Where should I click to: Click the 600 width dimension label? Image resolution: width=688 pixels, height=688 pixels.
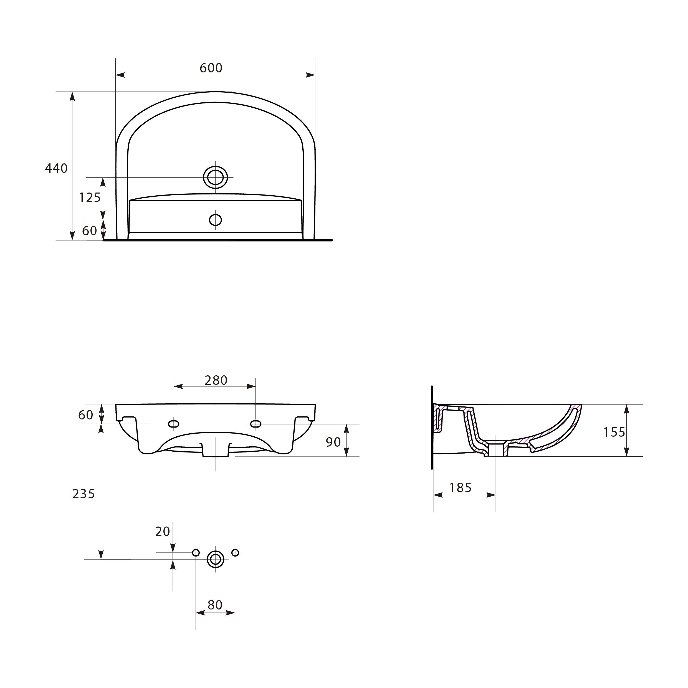[211, 68]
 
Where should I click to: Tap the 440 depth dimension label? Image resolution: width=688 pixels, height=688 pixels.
[56, 168]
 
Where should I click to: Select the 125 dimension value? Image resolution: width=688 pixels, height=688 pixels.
[90, 197]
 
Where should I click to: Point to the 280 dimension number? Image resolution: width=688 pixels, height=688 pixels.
[216, 380]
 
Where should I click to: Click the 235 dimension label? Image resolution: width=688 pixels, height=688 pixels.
[84, 494]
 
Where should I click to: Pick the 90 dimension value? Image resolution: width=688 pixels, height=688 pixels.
[333, 442]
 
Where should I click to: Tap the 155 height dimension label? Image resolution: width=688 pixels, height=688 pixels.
[614, 432]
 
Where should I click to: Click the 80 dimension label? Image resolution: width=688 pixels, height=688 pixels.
[215, 605]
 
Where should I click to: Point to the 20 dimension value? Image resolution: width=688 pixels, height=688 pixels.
[163, 531]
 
